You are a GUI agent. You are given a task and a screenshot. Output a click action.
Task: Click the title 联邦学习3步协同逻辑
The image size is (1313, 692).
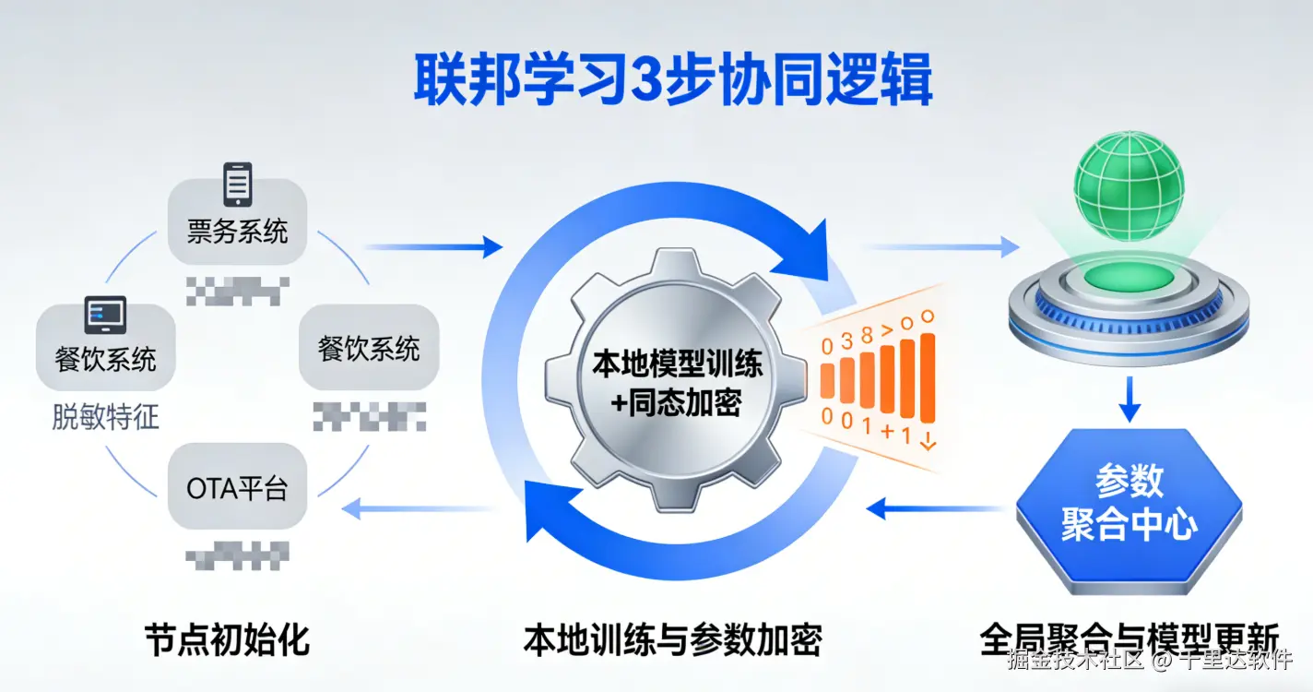pos(672,81)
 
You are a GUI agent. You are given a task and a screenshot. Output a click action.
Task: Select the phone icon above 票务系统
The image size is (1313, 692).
pos(237,185)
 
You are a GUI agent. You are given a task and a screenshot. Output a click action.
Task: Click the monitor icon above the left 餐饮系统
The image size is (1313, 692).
pos(105,316)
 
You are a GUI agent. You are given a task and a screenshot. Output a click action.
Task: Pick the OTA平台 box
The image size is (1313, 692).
pos(238,488)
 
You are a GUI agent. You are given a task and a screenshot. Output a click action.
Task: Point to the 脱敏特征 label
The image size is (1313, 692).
pos(105,418)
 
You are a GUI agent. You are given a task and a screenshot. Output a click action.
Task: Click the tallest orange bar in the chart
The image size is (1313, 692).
pos(928,380)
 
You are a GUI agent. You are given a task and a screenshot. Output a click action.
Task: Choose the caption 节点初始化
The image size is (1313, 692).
pos(226,639)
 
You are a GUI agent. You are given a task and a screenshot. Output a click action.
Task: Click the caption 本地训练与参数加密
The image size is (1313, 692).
pos(672,639)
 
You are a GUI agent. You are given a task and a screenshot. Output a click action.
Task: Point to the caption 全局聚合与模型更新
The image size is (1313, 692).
pos(1129,639)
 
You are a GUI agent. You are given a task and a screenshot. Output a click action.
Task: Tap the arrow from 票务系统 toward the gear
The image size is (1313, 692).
pos(433,246)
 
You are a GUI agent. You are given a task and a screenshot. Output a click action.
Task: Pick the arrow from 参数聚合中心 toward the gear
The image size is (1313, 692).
pos(936,507)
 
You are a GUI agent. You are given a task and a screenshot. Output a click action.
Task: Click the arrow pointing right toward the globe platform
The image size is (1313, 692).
pos(940,246)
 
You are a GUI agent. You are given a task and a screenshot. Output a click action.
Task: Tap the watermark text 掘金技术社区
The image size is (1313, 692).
pos(1075,661)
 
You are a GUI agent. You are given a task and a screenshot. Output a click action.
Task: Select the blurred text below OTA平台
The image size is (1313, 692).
pos(238,555)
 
